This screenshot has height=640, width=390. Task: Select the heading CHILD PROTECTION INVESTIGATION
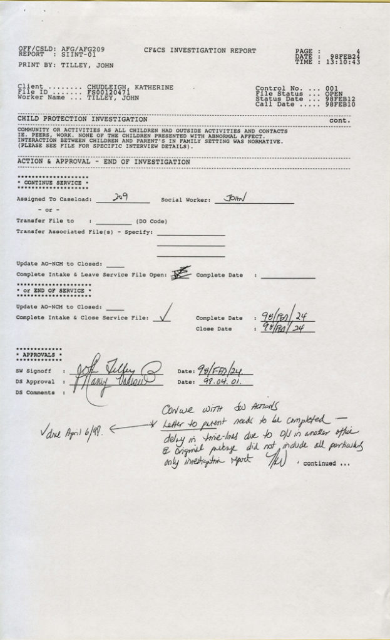(x=83, y=119)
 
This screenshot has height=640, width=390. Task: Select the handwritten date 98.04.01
(x=217, y=381)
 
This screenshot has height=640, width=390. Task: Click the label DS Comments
(x=35, y=392)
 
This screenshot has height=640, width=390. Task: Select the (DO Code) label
(x=151, y=221)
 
